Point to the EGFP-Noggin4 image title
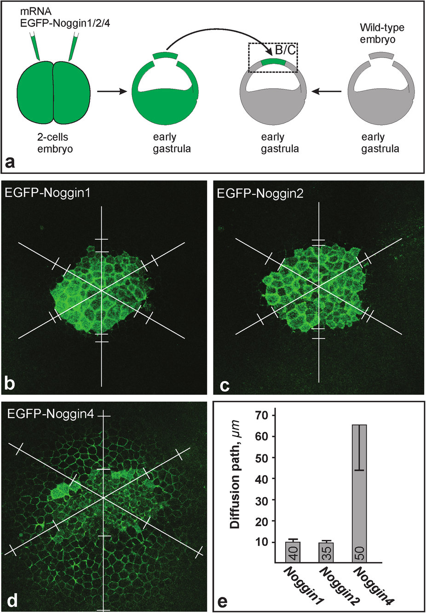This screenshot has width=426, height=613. click(51, 413)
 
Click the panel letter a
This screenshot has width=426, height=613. click(10, 161)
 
